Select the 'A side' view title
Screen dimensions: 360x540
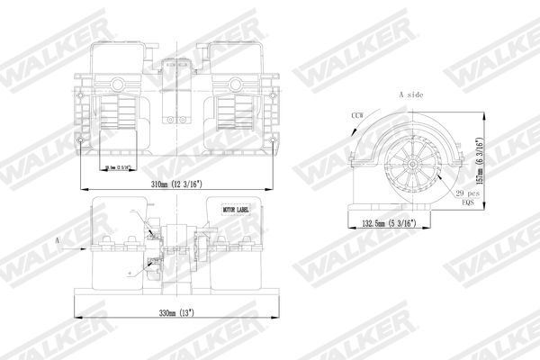pyautogui.click(x=411, y=94)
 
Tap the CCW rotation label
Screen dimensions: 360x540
pyautogui.click(x=359, y=115)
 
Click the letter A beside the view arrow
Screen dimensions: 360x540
pyautogui.click(x=58, y=240)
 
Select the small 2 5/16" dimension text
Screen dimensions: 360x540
pyautogui.click(x=119, y=168)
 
